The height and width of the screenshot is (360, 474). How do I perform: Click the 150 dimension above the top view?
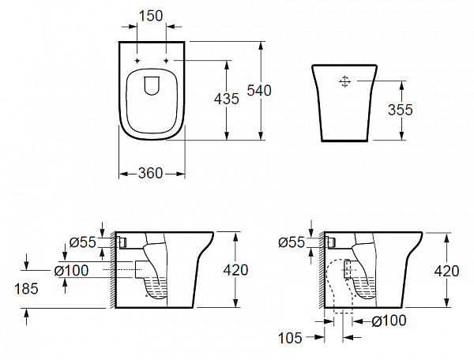click(x=152, y=14)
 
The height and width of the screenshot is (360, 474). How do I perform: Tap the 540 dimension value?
click(x=259, y=91)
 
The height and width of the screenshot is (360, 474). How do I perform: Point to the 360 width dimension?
click(x=151, y=173)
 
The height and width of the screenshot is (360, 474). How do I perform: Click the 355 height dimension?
click(x=401, y=110)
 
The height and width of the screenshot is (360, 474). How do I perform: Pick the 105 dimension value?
click(x=292, y=339)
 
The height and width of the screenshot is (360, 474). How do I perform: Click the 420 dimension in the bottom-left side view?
click(x=235, y=270)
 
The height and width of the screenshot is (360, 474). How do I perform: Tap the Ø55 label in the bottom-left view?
click(x=82, y=242)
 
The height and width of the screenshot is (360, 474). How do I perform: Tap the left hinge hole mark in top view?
click(x=137, y=61)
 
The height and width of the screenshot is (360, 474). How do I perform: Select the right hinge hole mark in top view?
click(x=167, y=61)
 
